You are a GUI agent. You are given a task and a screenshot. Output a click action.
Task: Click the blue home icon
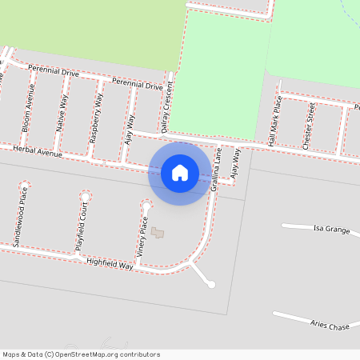point(180,173)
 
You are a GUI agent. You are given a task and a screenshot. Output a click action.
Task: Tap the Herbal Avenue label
point(38,150)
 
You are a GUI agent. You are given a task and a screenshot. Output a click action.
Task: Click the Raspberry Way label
point(96,119)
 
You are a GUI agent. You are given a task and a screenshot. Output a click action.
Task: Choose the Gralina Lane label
point(217,168)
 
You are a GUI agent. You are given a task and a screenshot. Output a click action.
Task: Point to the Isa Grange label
point(332,230)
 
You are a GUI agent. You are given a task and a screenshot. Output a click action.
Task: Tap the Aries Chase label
point(330,325)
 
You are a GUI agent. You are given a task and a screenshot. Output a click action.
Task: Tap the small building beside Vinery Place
point(158,233)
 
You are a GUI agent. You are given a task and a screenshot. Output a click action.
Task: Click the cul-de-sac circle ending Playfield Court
point(85,196)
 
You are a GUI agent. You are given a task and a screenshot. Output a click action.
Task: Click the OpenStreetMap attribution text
point(81,354)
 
